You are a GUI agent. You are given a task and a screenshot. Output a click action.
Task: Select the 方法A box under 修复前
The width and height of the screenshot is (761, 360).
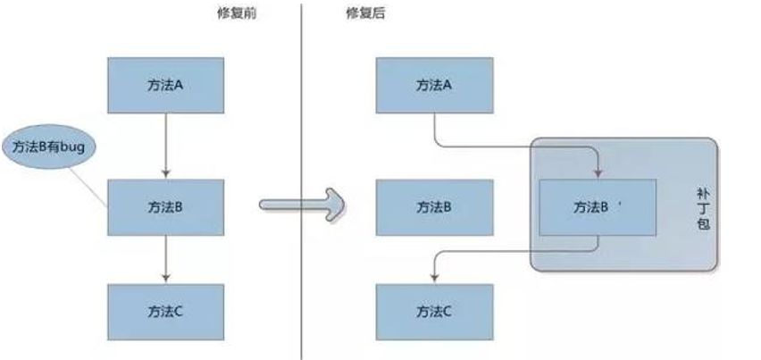click(165, 85)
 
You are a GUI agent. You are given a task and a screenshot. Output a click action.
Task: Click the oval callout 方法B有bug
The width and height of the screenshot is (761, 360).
click(48, 147)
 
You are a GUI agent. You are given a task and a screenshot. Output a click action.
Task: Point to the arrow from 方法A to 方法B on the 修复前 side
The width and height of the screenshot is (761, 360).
click(165, 143)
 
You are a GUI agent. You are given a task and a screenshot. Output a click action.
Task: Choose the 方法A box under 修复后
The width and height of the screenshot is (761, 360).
click(435, 85)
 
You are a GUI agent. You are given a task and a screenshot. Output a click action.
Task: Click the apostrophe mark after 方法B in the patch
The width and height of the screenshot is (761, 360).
click(619, 202)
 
